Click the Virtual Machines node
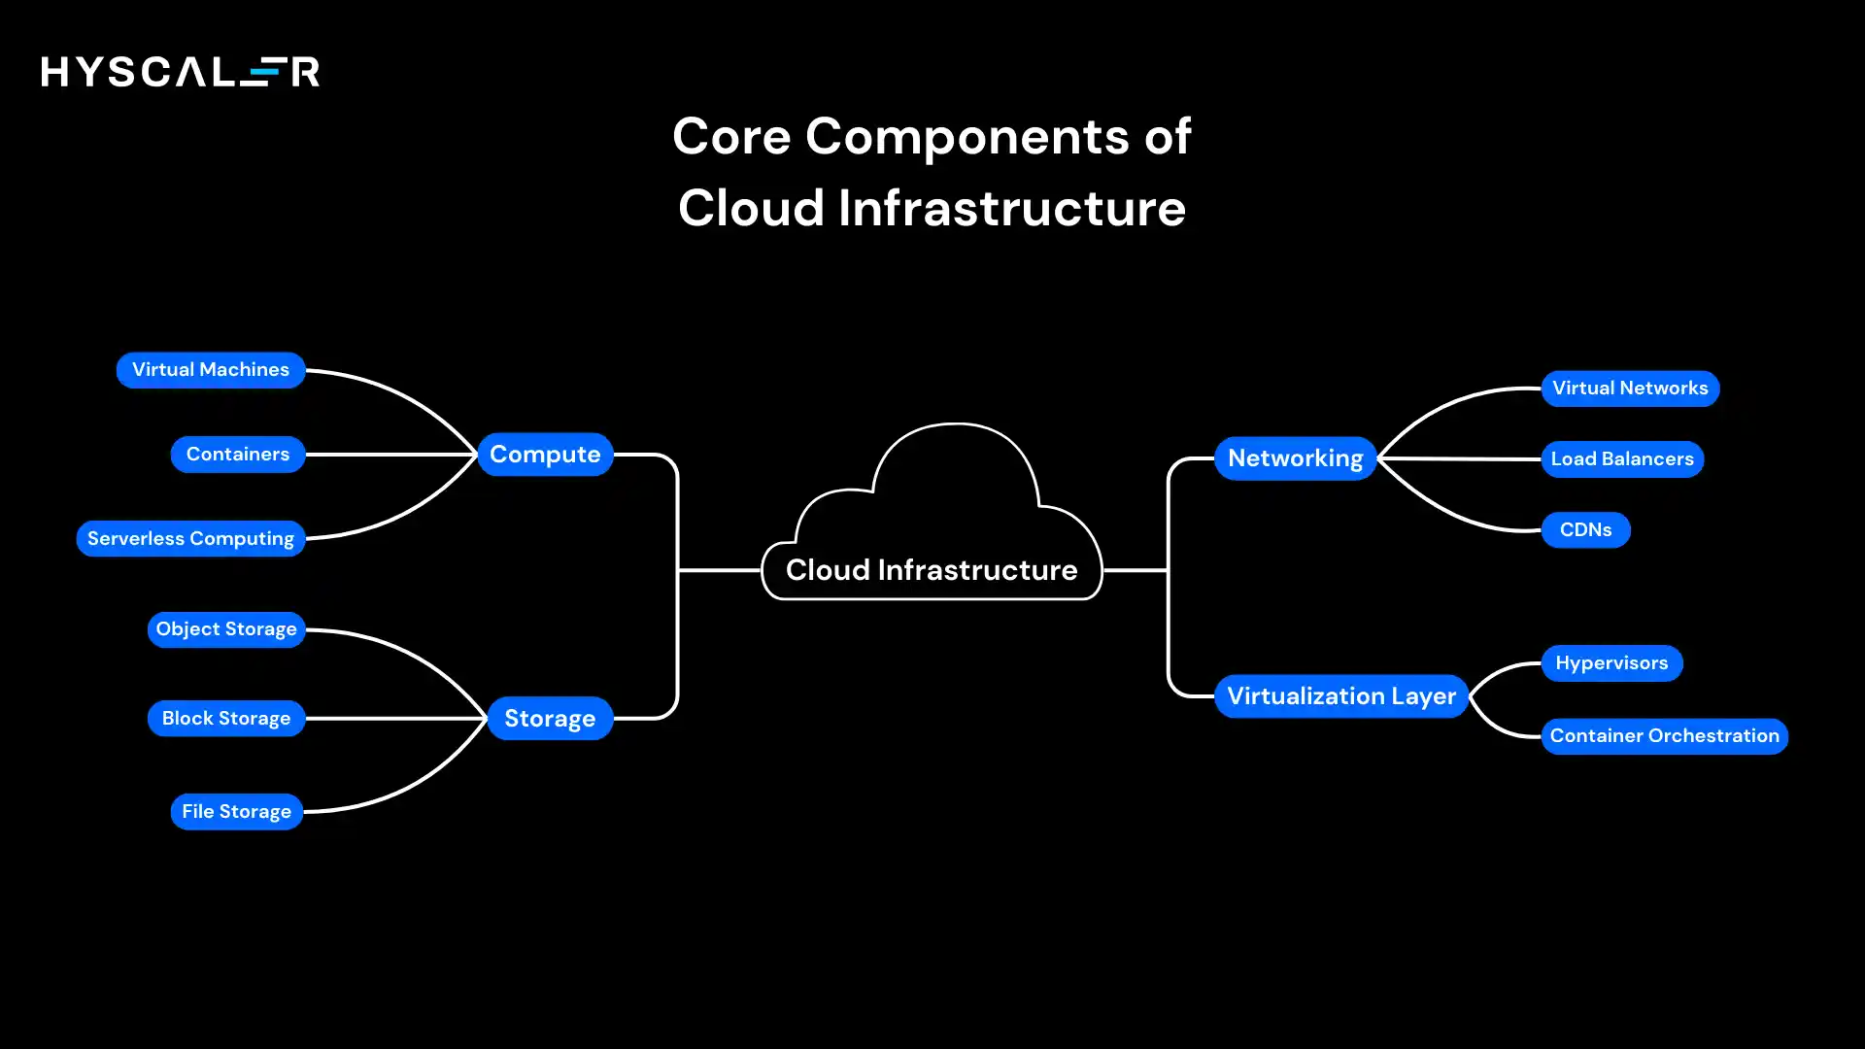coord(211,370)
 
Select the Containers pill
coord(238,455)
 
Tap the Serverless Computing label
coord(190,539)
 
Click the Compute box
coord(545,455)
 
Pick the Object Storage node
coord(226,629)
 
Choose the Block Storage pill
coord(226,719)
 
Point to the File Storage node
coord(236,812)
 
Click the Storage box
coord(550,719)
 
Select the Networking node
coord(1295,458)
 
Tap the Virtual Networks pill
coord(1630,389)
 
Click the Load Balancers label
coord(1622,459)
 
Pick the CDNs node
coord(1585,530)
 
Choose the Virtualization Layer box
coord(1340,696)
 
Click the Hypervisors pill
coord(1611,663)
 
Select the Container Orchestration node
coord(1664,736)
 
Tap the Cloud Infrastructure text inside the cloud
coord(932,570)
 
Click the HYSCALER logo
coord(181,72)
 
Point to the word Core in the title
coord(731,137)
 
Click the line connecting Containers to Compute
coord(389,455)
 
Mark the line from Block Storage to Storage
coord(393,719)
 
